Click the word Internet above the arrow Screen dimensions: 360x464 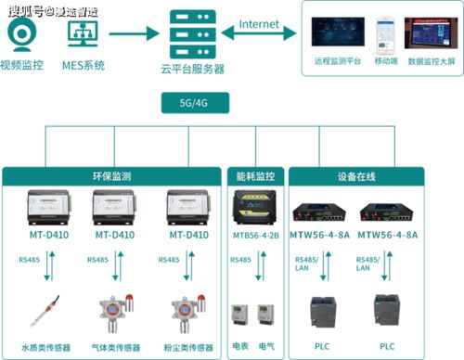[267, 23]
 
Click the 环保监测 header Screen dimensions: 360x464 [113, 174]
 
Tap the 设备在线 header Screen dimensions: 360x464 [355, 174]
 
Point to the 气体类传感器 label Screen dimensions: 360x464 [114, 349]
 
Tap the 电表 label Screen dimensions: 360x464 [240, 346]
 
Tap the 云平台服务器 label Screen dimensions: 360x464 [193, 69]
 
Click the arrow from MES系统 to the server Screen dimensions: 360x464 [131, 34]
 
